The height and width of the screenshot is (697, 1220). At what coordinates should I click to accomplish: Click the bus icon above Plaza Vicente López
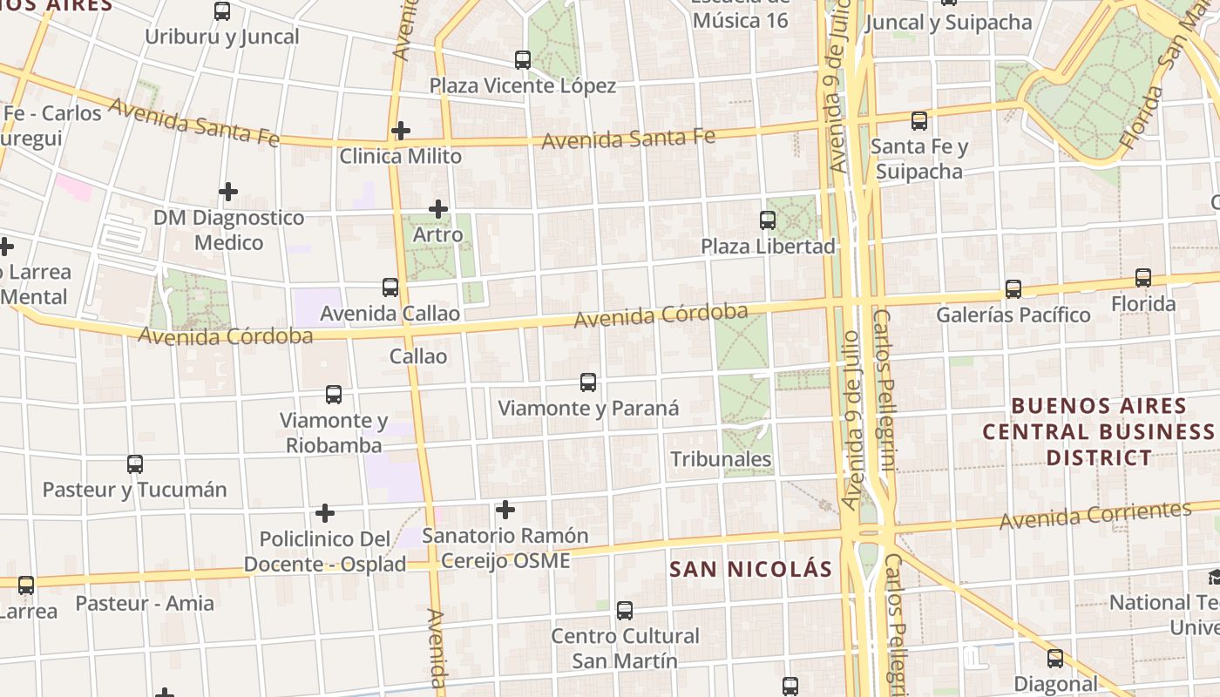click(523, 60)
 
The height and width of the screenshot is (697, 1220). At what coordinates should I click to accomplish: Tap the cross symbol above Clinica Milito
click(400, 131)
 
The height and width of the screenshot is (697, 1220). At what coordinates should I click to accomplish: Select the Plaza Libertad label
click(768, 246)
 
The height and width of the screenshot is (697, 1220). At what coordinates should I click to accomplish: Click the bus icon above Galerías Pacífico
click(1013, 288)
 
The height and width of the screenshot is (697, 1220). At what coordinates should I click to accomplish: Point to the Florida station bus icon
click(1142, 278)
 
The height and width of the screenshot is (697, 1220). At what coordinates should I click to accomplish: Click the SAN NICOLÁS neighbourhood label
click(750, 569)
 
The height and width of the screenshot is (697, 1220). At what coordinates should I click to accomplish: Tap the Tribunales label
click(721, 459)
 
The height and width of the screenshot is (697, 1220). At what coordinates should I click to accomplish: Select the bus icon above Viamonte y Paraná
click(588, 382)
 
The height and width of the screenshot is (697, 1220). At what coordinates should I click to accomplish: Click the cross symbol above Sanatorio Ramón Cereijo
click(505, 510)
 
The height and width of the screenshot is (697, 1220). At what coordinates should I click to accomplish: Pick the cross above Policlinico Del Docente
click(324, 513)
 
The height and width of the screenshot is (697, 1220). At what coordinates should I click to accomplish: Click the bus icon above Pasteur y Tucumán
click(134, 464)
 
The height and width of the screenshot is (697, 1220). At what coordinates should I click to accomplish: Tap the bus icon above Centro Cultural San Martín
click(624, 610)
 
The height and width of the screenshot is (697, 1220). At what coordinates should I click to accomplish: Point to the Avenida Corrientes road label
click(1095, 515)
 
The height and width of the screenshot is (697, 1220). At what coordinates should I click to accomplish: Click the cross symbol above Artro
click(438, 209)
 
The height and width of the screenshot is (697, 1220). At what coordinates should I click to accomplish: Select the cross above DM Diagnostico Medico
click(228, 191)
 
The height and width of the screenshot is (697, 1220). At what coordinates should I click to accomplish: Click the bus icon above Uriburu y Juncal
click(222, 11)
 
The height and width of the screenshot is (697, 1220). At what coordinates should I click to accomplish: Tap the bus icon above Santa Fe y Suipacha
click(918, 121)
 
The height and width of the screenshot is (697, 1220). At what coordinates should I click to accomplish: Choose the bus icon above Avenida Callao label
click(390, 287)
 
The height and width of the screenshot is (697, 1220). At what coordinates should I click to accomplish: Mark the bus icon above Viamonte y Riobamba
click(333, 394)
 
